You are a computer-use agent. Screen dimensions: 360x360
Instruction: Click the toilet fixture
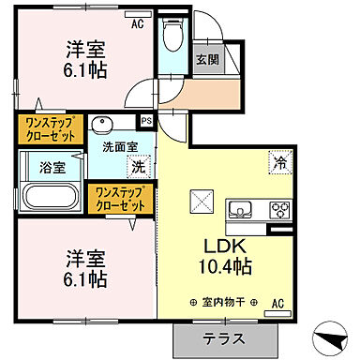(172, 35)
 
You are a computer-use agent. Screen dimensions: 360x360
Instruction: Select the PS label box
(145, 121)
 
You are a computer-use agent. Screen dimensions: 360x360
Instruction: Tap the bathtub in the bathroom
(52, 197)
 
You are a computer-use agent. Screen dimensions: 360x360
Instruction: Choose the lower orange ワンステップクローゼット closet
(119, 197)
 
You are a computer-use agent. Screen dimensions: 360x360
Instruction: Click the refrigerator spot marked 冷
(280, 160)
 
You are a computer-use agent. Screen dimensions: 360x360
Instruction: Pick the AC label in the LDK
(277, 303)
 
